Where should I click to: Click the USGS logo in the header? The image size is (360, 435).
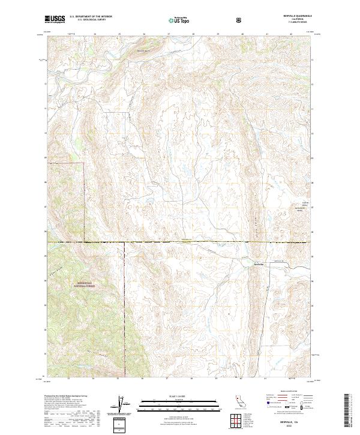(x=55, y=19)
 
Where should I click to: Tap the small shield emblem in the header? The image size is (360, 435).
(x=240, y=19)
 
